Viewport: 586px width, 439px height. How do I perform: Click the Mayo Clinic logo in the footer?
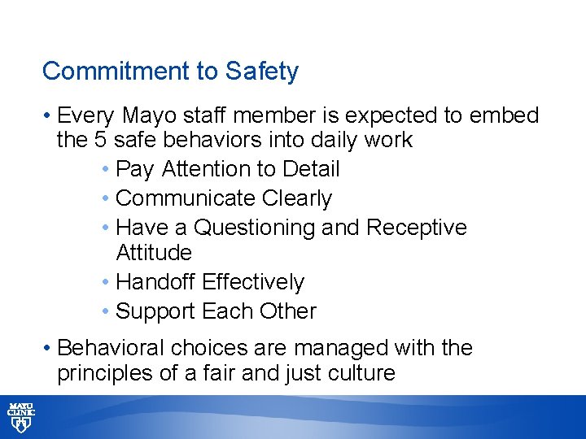[x=20, y=416]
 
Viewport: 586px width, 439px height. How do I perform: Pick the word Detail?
[x=311, y=169]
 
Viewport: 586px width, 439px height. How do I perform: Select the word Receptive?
[x=417, y=228]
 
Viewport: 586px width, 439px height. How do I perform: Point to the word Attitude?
[x=154, y=253]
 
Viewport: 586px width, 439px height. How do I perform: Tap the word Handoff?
[x=156, y=282]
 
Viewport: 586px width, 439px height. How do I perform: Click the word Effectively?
[x=253, y=282]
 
